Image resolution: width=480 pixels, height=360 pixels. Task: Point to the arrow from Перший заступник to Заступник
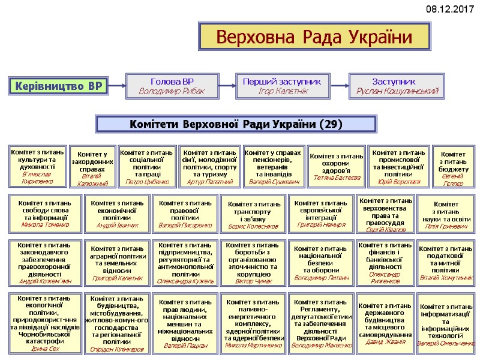click(x=340, y=86)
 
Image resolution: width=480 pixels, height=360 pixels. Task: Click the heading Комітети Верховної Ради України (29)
click(x=236, y=124)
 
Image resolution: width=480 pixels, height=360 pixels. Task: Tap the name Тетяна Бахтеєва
click(x=336, y=178)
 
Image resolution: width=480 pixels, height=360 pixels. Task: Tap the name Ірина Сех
click(x=45, y=348)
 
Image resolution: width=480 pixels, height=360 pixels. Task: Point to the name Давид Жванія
click(x=385, y=341)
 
